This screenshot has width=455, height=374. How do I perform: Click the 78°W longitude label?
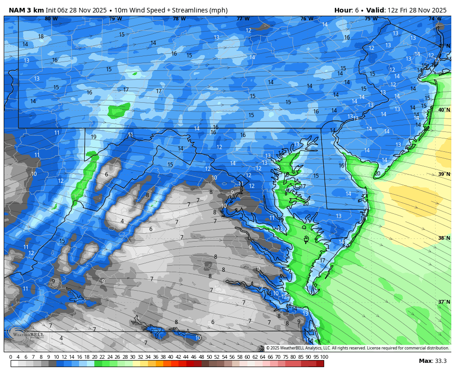(x=179, y=19)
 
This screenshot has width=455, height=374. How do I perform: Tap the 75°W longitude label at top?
(x=371, y=19)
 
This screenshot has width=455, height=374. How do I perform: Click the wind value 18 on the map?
(x=41, y=37)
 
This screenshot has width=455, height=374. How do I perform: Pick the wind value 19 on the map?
(x=93, y=137)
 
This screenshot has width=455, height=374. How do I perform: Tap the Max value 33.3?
(x=440, y=361)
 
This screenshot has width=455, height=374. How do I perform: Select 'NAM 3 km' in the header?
(x=26, y=10)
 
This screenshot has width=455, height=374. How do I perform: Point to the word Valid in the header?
(x=375, y=10)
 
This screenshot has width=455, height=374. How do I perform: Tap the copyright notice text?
(x=357, y=348)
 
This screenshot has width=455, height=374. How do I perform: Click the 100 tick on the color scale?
(x=324, y=357)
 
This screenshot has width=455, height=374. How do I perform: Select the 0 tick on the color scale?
(x=11, y=357)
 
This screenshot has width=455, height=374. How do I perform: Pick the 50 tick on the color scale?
(x=209, y=357)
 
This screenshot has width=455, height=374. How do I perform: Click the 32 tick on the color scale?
(x=140, y=357)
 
